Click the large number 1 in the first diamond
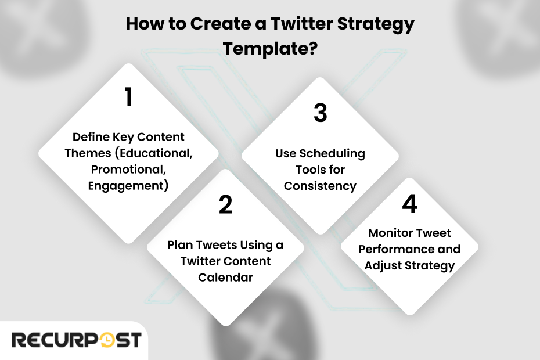coord(129,97)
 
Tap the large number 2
coord(225,204)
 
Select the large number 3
coord(321,113)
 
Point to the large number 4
coord(409,203)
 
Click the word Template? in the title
coord(270,48)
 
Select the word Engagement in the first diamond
coord(125,186)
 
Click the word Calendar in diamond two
coord(225,278)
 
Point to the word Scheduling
coord(332,153)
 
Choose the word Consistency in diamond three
coord(320,186)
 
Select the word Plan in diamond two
coord(180,245)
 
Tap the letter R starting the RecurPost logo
coord(19,340)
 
